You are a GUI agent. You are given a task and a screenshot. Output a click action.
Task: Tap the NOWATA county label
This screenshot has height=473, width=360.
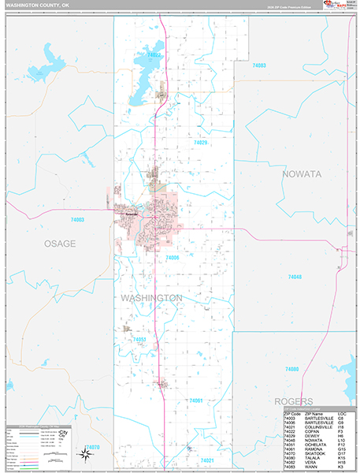click(x=302, y=174)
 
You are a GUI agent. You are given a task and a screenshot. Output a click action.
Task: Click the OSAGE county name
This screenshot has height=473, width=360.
click(x=59, y=244)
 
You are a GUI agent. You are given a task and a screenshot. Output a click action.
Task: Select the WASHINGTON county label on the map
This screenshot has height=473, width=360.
click(x=152, y=298)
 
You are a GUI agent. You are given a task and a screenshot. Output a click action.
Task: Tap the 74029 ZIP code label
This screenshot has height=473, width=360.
click(x=200, y=143)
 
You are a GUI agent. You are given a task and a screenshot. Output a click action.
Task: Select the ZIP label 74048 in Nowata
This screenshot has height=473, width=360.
click(x=295, y=277)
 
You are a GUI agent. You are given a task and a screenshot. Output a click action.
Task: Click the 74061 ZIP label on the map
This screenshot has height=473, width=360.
click(x=195, y=401)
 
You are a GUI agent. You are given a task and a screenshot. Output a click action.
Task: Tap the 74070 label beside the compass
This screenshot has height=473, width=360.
click(x=92, y=447)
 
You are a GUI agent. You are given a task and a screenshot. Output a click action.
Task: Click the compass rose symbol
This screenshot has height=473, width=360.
click(x=84, y=453)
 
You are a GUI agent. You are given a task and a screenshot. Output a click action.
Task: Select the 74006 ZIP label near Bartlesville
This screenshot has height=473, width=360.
click(x=173, y=257)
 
